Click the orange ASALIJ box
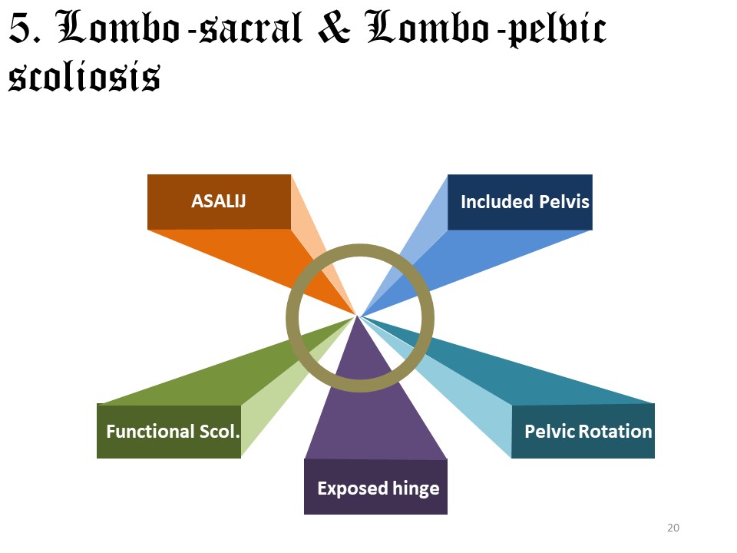click(219, 202)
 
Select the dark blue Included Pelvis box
click(520, 202)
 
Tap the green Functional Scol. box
click(169, 432)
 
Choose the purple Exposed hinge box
click(375, 487)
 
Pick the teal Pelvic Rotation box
click(583, 431)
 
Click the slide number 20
click(674, 528)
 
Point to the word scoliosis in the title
click(84, 76)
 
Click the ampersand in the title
click(334, 31)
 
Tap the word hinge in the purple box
click(413, 488)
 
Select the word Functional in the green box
click(149, 432)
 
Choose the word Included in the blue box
click(496, 202)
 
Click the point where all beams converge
click(359, 315)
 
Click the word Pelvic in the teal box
click(550, 431)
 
